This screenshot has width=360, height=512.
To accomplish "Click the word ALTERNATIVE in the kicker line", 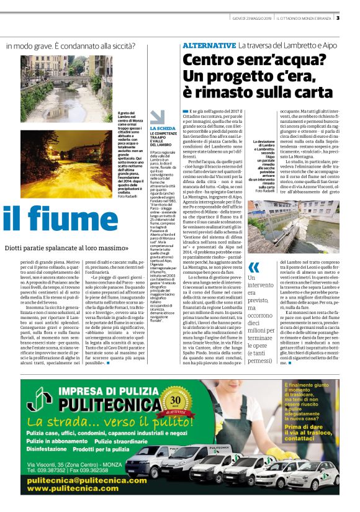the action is pyautogui.click(x=208, y=46).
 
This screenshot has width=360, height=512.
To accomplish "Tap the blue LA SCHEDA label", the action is pyautogui.click(x=159, y=128).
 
